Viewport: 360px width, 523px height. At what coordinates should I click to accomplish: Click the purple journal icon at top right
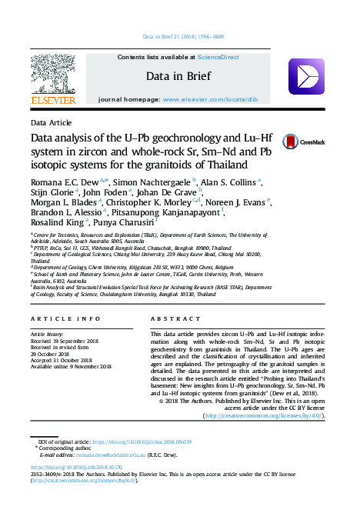pyautogui.click(x=305, y=77)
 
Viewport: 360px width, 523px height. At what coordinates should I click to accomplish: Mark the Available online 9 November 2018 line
pyautogui.click(x=72, y=366)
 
